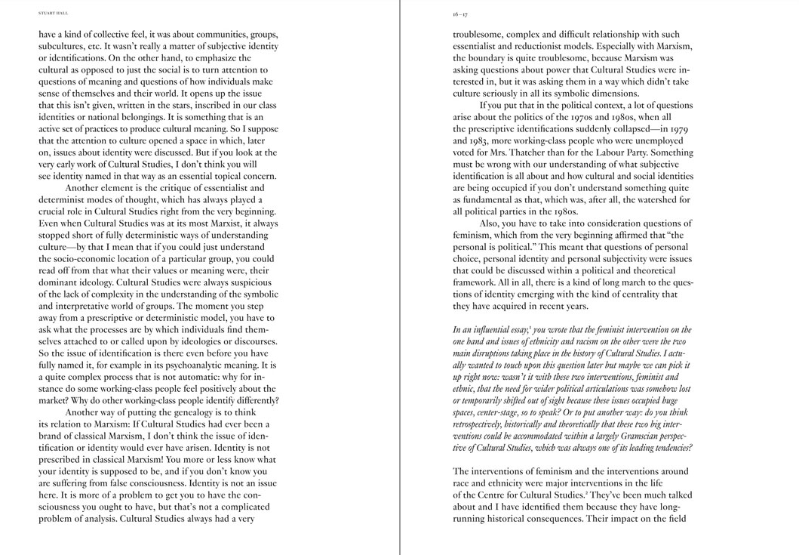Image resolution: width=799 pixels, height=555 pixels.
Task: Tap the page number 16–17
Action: pos(460,14)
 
